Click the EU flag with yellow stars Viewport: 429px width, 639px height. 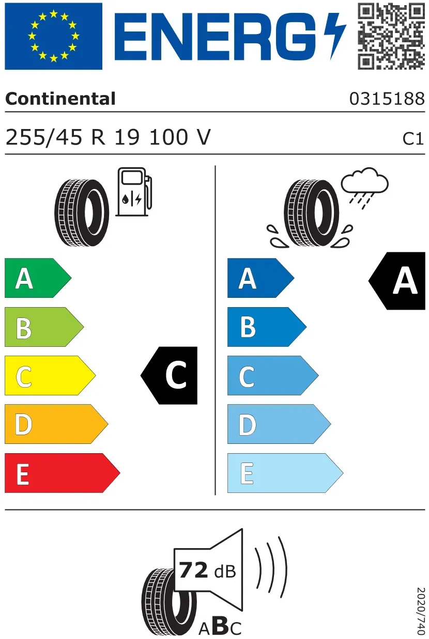coord(53,36)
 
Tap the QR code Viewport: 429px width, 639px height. coord(391,36)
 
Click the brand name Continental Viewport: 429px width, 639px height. coord(60,99)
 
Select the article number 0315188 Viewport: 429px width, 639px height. coord(387,99)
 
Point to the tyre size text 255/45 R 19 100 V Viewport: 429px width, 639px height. coord(108,137)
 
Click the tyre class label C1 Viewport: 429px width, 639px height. coord(413,139)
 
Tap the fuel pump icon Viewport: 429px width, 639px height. coord(134,191)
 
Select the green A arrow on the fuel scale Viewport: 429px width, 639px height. coord(38,278)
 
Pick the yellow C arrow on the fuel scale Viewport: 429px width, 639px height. coord(50,375)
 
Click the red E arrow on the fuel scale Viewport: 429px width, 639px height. coord(62,473)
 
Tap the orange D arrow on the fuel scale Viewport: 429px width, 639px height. coord(56,424)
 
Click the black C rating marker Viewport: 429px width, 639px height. coord(169,375)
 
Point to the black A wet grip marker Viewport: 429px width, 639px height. coord(397,281)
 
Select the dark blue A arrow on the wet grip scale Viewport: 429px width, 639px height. coord(261,278)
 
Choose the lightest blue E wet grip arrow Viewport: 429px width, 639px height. coord(285,473)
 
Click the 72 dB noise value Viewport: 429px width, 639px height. coord(207,570)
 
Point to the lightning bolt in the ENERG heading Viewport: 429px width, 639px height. coord(335,36)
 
